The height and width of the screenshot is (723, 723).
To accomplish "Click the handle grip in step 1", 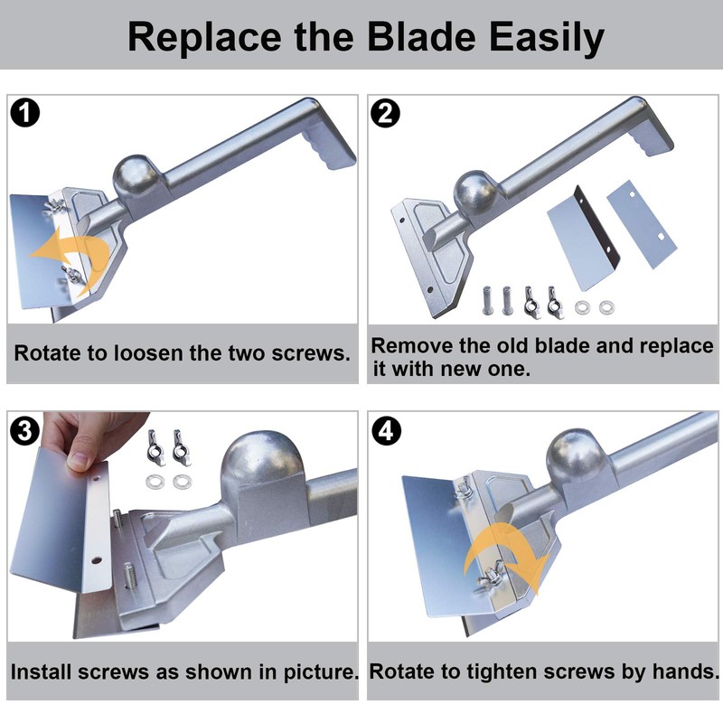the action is coord(326,143).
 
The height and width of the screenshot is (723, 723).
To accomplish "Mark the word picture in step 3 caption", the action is coord(321,672).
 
